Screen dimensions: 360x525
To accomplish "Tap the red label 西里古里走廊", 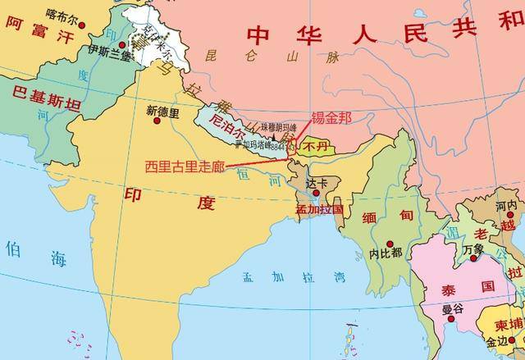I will [x=184, y=165].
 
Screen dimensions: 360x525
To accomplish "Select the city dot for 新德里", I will [x=156, y=121].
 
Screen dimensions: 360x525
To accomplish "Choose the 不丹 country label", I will [x=315, y=145].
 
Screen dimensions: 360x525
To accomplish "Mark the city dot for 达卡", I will [x=312, y=193].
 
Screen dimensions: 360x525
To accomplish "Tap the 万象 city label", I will [x=473, y=248].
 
